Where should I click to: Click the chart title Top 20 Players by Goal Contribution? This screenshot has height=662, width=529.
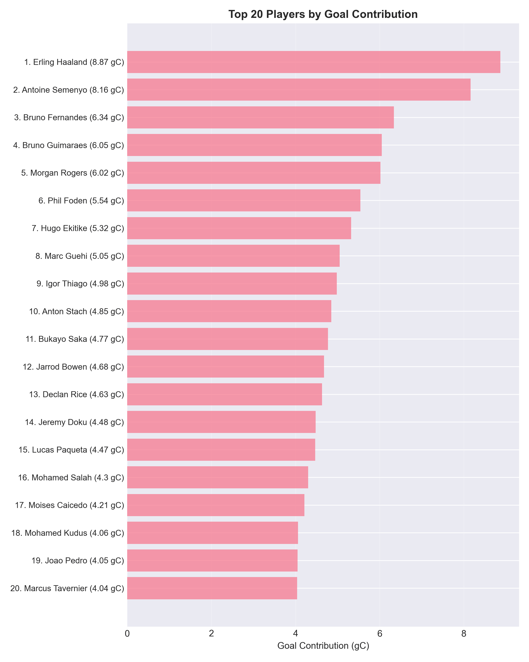(323, 14)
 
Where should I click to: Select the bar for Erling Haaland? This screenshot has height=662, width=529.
(313, 62)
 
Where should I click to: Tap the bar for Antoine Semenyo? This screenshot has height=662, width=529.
(299, 90)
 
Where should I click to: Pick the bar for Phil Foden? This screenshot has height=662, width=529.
(244, 201)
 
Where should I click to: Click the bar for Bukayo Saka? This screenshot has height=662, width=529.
(227, 339)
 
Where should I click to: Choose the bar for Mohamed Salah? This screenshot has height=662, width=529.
(217, 478)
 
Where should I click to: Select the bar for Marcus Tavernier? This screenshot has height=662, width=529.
(212, 588)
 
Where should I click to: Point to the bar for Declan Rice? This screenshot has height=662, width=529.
(224, 394)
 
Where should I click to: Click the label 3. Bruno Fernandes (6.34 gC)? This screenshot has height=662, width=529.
(69, 118)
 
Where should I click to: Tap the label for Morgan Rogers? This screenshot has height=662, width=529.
(73, 173)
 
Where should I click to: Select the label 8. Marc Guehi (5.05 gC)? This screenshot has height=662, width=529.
(80, 256)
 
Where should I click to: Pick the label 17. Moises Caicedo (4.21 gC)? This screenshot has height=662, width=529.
(70, 505)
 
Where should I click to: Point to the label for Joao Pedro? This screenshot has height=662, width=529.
(78, 561)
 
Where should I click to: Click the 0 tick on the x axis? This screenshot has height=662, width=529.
(127, 634)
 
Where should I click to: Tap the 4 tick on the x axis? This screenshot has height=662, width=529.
(295, 634)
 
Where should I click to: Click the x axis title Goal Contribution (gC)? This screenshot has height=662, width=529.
(323, 646)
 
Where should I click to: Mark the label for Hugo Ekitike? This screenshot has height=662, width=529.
(78, 228)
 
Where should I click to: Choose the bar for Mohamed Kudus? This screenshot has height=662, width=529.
(212, 533)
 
